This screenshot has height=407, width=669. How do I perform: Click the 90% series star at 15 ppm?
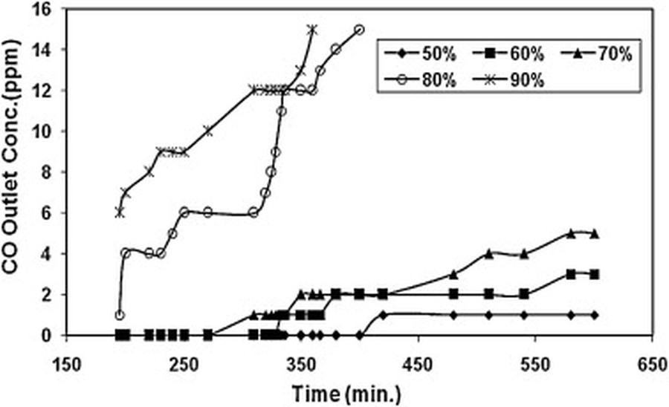point(312,30)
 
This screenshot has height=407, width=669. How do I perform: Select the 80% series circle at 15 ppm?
point(359,30)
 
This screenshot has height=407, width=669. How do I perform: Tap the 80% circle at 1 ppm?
point(120,315)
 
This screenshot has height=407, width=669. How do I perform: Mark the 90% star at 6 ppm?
point(120,212)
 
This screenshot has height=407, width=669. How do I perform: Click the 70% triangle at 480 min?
point(453,274)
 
